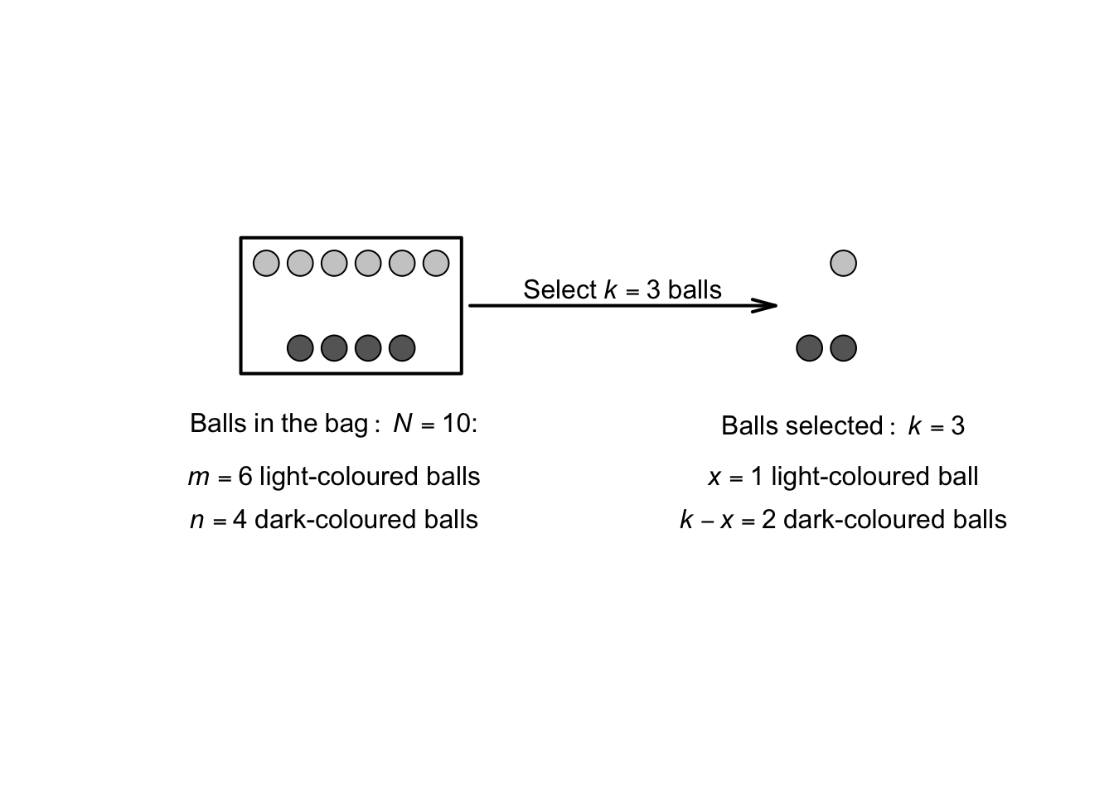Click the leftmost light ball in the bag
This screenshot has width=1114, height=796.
(x=266, y=264)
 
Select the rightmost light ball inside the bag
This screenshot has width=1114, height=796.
(x=436, y=264)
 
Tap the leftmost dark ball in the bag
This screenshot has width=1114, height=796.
(x=300, y=348)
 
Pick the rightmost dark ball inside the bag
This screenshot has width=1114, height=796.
(x=402, y=348)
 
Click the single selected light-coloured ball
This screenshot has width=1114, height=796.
(x=843, y=264)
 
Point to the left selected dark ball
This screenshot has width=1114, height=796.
(x=809, y=348)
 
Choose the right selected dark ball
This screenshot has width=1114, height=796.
(x=843, y=348)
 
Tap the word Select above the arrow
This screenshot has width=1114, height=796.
(x=559, y=290)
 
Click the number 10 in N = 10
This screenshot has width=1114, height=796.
(x=456, y=424)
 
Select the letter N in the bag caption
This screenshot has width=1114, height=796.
(x=403, y=424)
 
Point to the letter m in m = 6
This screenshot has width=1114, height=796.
(x=199, y=478)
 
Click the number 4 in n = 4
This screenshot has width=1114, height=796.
(x=240, y=520)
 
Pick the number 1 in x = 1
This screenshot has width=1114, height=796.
(x=757, y=477)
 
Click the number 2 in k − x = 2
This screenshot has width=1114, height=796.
(x=768, y=520)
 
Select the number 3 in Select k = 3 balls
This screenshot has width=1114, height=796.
(x=653, y=290)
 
